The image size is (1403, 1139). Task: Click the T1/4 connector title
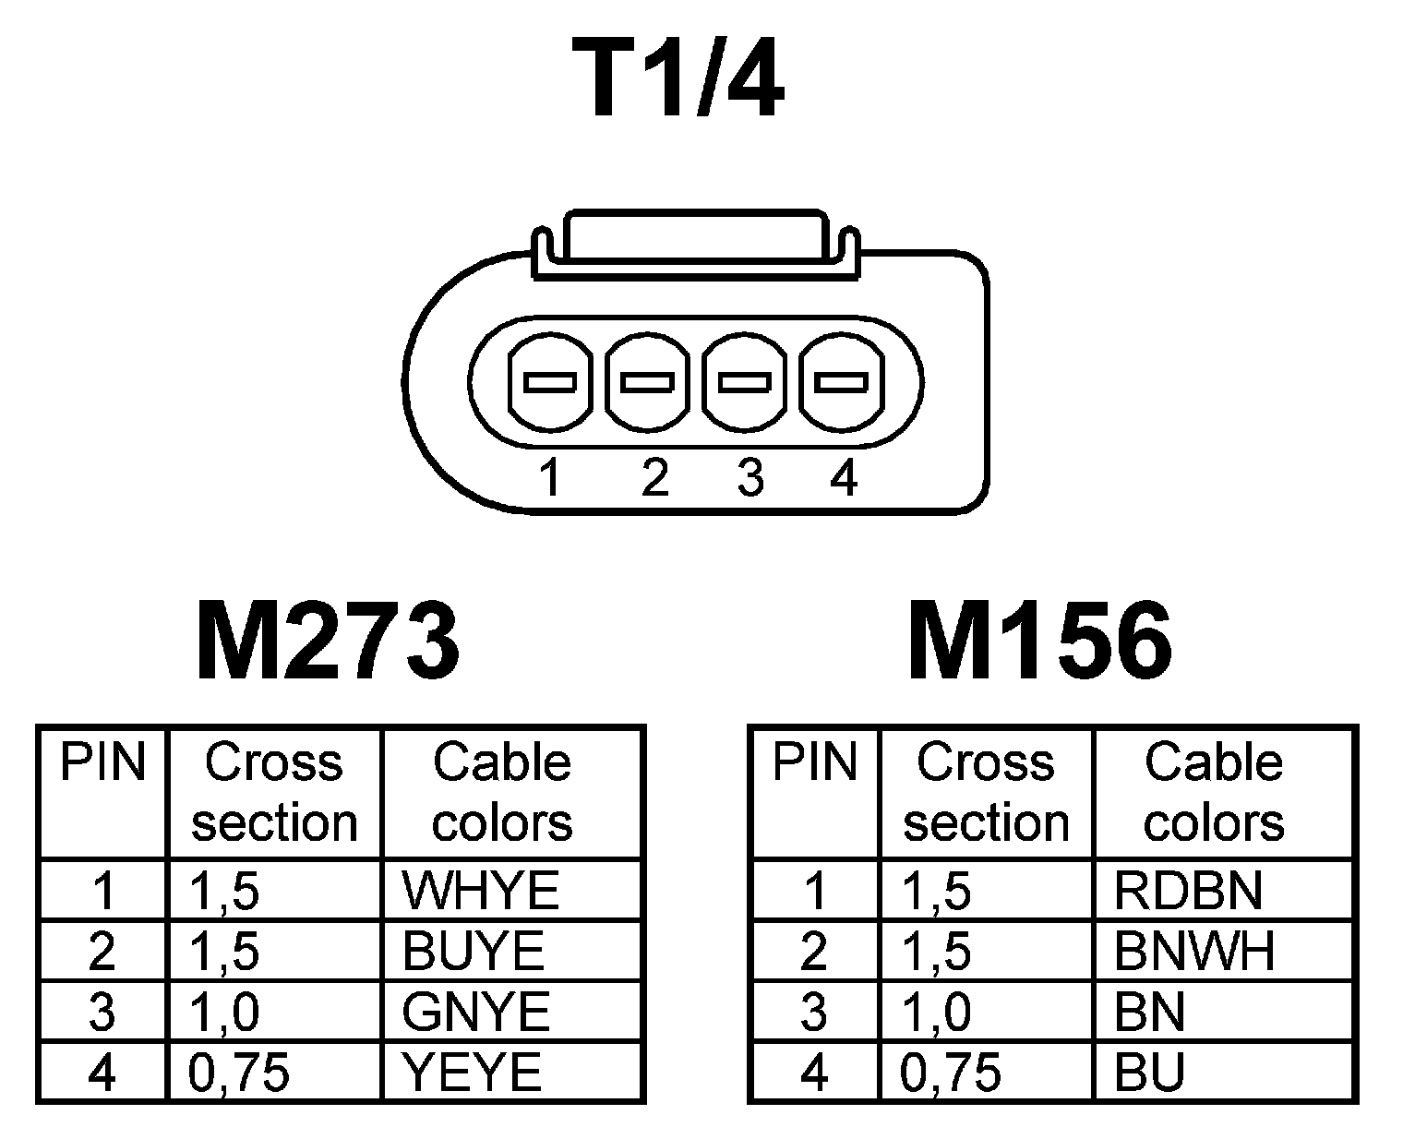(678, 80)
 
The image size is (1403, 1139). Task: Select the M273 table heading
(328, 639)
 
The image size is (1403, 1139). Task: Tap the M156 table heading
(1040, 639)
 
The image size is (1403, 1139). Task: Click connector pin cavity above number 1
(550, 381)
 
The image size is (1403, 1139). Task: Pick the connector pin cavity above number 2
(648, 381)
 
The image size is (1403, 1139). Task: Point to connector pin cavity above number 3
(745, 381)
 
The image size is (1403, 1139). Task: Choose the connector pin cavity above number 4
(841, 381)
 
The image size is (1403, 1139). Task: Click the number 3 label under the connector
(750, 478)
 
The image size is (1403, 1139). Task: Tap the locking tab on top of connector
(695, 238)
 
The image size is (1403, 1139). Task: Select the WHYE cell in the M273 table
(481, 891)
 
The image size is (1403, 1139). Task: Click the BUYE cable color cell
(474, 952)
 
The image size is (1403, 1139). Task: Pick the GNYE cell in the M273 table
(476, 1012)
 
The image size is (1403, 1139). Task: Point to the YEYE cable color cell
(472, 1073)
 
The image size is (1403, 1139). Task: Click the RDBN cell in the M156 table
(1188, 891)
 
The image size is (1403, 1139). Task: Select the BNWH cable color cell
(1194, 952)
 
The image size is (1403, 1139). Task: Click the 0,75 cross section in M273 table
(239, 1073)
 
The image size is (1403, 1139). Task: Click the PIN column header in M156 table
(815, 763)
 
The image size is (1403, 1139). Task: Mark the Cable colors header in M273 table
(503, 792)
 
